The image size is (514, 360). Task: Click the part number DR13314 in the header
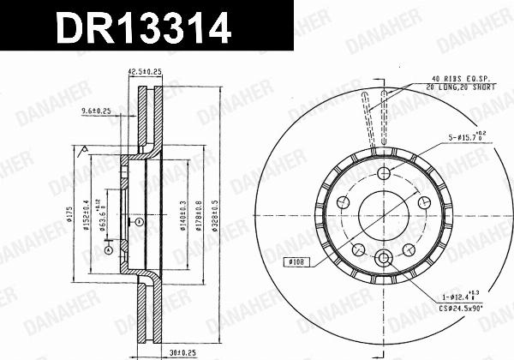point(143,28)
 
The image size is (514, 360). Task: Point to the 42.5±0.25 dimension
point(146,73)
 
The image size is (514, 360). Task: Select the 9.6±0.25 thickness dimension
point(99,111)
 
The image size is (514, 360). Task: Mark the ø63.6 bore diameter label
point(102,217)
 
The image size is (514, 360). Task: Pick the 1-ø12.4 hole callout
point(461,296)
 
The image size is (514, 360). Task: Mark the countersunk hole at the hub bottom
point(385,258)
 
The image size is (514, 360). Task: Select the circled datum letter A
point(109,249)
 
